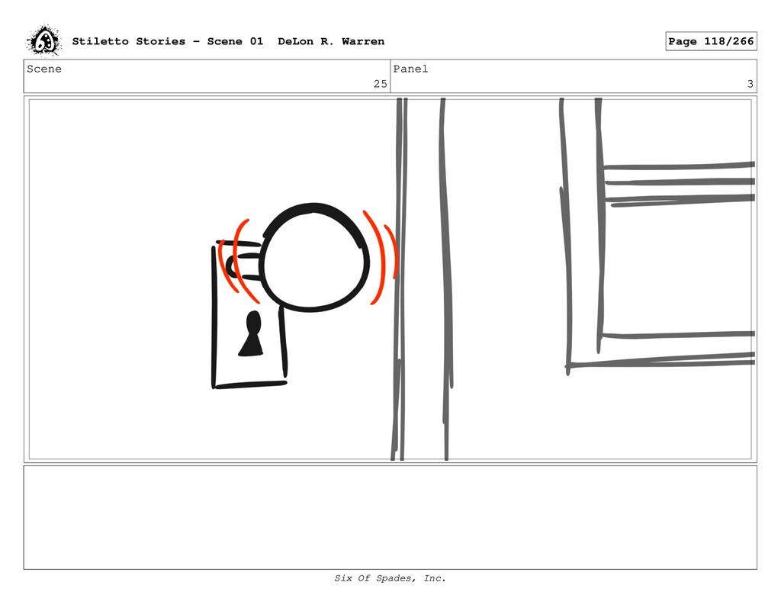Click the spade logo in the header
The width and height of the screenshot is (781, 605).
tap(43, 40)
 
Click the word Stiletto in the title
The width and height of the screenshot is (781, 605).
tap(101, 41)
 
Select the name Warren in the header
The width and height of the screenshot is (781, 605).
tap(363, 41)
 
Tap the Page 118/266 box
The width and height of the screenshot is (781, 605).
tap(711, 41)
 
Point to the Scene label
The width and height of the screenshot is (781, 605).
tap(44, 69)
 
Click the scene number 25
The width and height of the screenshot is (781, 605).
tap(381, 84)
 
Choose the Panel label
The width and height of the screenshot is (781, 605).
tap(410, 69)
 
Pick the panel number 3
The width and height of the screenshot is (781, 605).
tap(750, 84)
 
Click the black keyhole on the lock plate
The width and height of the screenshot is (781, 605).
tap(252, 333)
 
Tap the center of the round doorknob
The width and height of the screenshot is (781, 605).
tap(313, 258)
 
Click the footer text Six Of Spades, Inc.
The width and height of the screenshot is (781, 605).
tap(390, 578)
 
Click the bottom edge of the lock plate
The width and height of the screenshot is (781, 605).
tap(250, 385)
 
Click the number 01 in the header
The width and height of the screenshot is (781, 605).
tap(256, 41)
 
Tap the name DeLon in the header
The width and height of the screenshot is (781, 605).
tap(295, 41)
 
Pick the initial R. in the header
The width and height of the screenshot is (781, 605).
tap(327, 41)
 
